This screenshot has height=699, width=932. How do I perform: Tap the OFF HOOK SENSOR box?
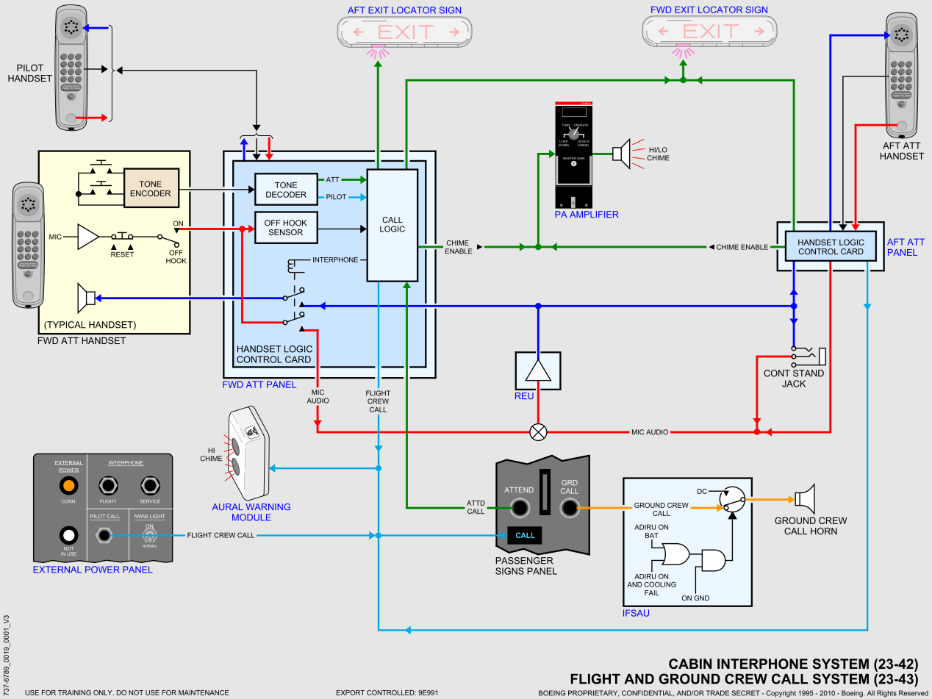point(285,228)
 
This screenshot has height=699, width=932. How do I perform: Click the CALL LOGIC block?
point(392,225)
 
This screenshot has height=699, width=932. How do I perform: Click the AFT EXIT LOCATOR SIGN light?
point(404,32)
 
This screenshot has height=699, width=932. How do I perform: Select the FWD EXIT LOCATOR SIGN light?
point(709,32)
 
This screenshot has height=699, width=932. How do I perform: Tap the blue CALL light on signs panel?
point(525,535)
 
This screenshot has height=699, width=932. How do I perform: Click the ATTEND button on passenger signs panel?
point(520,506)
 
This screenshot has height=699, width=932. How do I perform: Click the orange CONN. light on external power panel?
point(68,486)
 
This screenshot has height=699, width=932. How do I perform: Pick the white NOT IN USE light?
point(68,535)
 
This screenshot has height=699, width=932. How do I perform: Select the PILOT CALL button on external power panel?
point(104,535)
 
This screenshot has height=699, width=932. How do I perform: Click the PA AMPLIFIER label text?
point(587,215)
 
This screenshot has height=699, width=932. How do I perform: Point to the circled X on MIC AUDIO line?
point(538,431)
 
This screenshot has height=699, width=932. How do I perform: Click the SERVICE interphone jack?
point(150,486)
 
